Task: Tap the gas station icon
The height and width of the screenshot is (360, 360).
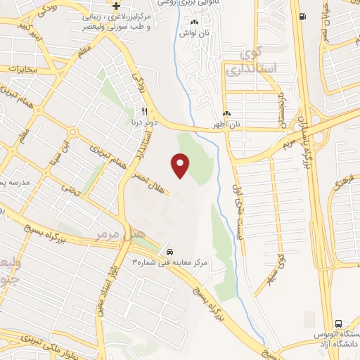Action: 302,17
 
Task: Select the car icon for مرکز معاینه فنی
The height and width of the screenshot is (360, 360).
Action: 169,251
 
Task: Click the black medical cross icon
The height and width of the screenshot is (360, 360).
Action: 117,6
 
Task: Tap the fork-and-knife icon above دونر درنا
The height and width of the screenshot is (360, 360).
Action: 144,111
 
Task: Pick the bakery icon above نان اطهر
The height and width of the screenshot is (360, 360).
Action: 226,114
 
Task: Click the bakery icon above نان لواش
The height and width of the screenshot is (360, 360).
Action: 195,23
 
